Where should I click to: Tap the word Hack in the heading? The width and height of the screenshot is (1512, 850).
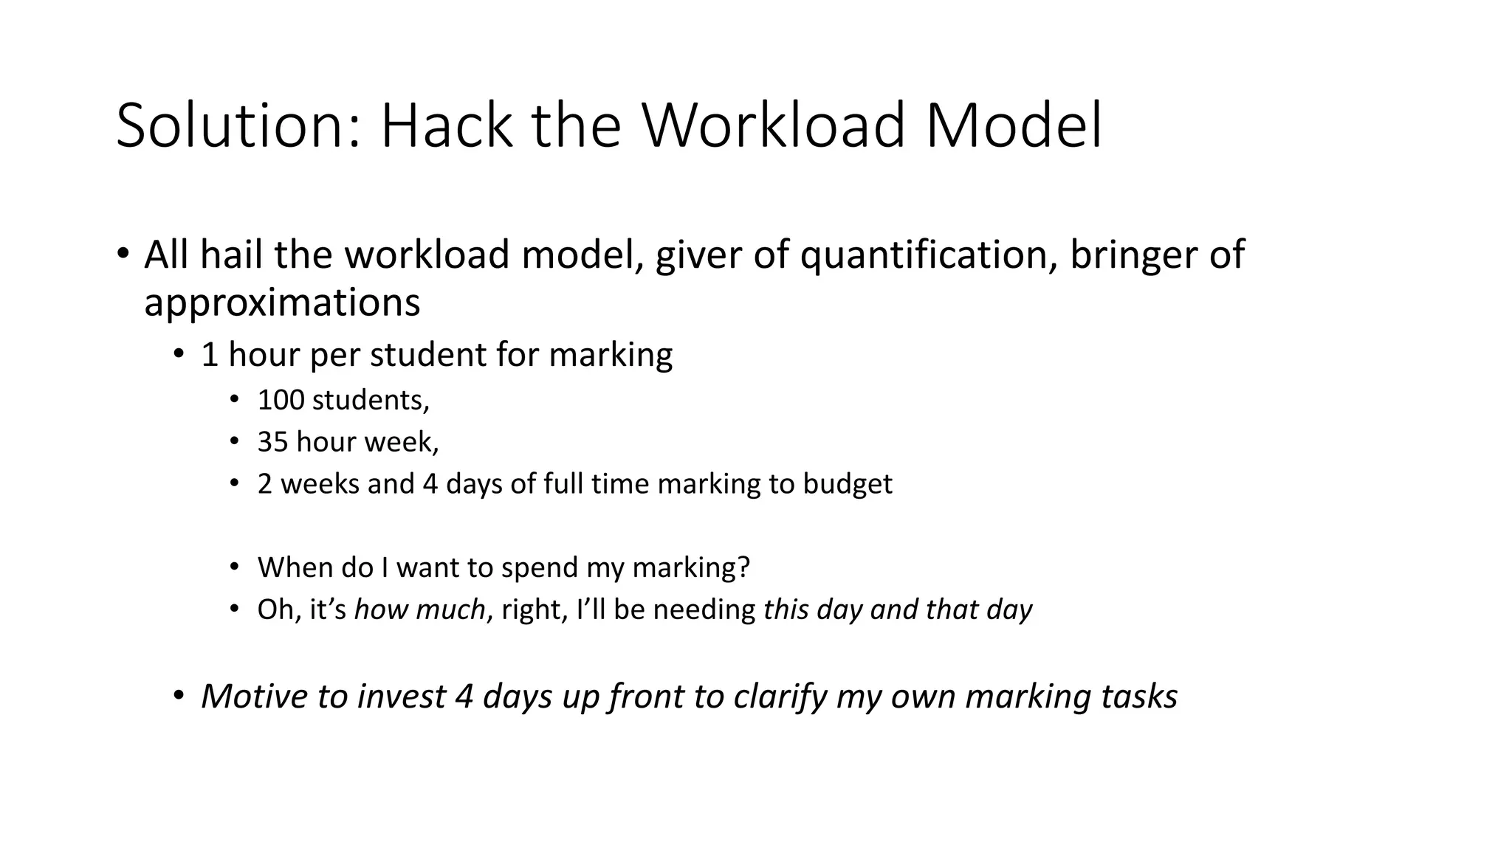(446, 125)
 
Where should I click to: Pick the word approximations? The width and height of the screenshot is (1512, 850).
(282, 303)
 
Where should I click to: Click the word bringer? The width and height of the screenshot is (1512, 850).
(1133, 255)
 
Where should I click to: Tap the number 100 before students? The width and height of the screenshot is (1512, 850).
(281, 400)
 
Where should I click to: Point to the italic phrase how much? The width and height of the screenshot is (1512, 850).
(419, 609)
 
